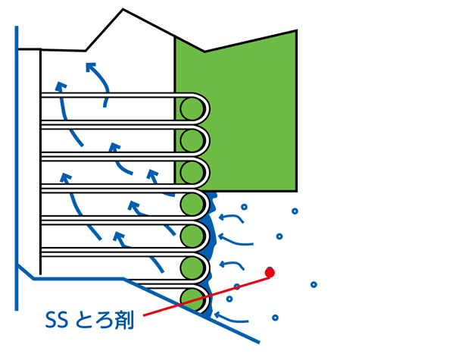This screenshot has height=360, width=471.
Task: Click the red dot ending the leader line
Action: click(x=270, y=273)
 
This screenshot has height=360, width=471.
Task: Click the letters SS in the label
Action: click(x=56, y=320)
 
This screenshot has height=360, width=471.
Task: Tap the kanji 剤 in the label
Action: click(x=123, y=320)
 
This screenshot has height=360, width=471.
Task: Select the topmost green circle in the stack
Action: click(x=192, y=109)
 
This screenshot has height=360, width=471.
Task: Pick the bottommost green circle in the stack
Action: click(x=192, y=299)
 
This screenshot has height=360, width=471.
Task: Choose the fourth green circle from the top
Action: click(x=192, y=204)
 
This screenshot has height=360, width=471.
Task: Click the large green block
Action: click(x=235, y=111)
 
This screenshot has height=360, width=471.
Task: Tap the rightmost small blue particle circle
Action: click(x=313, y=284)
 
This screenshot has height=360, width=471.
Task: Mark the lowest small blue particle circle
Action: click(x=275, y=318)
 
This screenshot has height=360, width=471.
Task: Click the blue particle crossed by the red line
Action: click(x=237, y=286)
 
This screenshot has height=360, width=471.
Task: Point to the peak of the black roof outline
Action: click(x=123, y=9)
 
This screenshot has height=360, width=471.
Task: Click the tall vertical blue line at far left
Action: click(x=17, y=168)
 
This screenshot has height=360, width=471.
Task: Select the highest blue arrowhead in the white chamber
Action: click(x=90, y=67)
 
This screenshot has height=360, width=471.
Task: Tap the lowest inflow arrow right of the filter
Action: click(x=231, y=318)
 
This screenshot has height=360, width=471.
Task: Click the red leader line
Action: click(x=207, y=296)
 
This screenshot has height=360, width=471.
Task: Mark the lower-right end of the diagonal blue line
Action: click(x=259, y=343)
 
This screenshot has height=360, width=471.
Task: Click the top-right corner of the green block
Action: click(x=297, y=30)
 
